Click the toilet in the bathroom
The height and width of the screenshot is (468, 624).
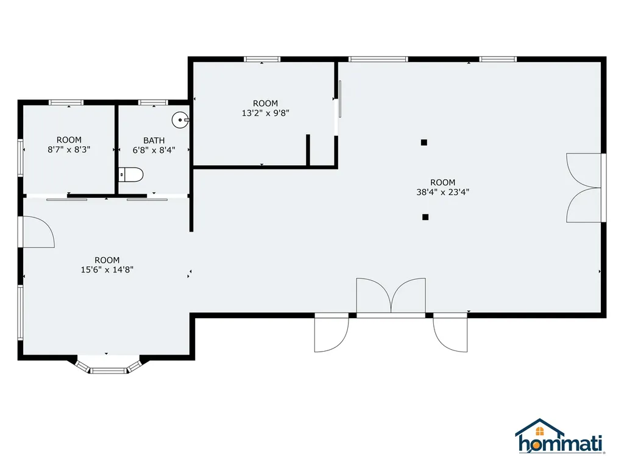(x=131, y=175)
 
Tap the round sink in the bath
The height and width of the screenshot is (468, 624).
(x=180, y=120)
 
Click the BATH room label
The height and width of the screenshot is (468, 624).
(x=154, y=141)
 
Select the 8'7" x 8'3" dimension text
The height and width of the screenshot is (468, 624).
(x=69, y=150)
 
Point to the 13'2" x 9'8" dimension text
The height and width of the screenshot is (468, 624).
(x=266, y=113)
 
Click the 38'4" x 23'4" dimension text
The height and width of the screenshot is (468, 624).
(x=443, y=192)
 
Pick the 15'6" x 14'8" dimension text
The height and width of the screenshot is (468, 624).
(x=107, y=269)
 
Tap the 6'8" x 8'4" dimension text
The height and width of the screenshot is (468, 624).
(x=154, y=150)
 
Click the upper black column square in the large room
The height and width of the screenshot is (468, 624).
(x=424, y=143)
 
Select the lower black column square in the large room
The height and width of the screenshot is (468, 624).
(x=425, y=217)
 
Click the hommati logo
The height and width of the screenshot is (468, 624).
(x=559, y=436)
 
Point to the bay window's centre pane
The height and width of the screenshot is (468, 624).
(x=108, y=371)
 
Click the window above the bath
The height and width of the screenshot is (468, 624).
(x=153, y=102)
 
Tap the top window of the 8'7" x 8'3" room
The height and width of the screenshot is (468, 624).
(x=66, y=102)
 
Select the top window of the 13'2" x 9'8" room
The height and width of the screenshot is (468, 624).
(x=262, y=59)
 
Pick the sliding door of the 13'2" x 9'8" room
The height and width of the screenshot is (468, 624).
(x=340, y=99)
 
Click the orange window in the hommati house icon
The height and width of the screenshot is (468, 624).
(x=540, y=431)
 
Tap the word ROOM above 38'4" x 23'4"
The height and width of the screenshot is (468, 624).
(x=443, y=182)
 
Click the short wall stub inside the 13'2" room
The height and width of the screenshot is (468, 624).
(x=308, y=150)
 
